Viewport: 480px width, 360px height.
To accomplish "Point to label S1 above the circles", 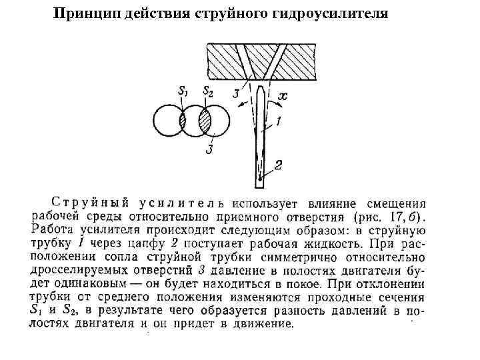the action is point(182,92).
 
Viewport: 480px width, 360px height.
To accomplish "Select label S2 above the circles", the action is point(207,92).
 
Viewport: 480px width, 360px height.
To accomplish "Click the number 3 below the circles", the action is point(209,149).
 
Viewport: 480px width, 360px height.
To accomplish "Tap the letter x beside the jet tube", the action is point(283,97).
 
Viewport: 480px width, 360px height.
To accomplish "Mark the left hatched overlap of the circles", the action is point(182,121).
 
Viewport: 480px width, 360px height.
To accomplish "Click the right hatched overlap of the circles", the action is point(206,121).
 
